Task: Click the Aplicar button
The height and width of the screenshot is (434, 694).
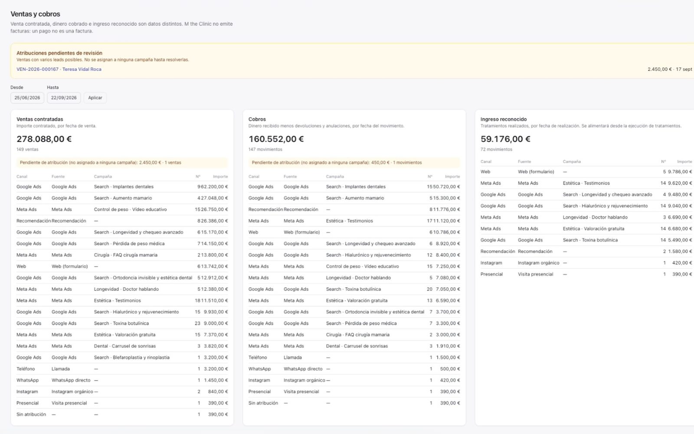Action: pos(95,98)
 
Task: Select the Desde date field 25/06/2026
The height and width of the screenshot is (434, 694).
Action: pos(27,98)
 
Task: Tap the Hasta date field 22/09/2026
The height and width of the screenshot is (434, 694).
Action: pos(64,98)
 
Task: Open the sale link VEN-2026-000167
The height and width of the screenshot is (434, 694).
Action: pos(37,69)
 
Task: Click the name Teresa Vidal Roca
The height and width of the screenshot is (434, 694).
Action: pos(82,69)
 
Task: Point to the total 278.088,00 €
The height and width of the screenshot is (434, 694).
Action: pos(44,139)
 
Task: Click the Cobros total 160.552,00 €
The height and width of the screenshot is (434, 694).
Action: pos(276,139)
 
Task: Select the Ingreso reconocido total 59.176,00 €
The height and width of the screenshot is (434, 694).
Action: pos(505,139)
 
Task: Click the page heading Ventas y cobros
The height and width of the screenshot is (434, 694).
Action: pos(35,14)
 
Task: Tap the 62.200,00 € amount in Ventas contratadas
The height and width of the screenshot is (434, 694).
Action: pos(214,187)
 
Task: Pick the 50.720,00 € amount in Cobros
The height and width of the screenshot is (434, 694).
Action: pos(446,187)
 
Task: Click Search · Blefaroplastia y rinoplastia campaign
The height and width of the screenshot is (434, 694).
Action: pos(132,358)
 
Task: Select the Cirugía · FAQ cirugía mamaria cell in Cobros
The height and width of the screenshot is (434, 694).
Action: pos(357,335)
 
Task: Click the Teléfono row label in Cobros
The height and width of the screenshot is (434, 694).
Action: pos(258,358)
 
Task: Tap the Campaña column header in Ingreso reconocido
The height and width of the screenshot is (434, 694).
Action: pos(572,161)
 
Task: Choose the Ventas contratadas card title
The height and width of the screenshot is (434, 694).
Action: pos(39,119)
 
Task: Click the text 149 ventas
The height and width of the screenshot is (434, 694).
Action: pos(27,149)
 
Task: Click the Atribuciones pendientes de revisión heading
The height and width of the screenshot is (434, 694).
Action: pos(59,53)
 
